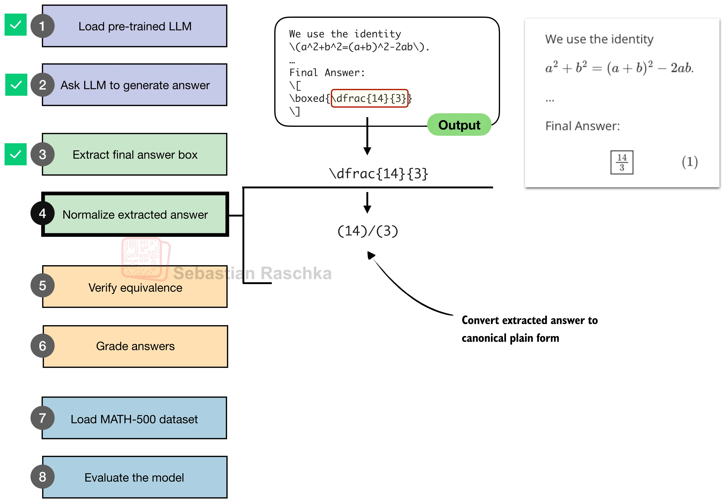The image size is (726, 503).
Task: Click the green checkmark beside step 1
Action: coord(15,25)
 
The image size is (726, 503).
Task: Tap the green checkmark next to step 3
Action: coord(15,154)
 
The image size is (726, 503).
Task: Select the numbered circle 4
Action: coord(43,213)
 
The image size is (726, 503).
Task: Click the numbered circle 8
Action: coord(43,477)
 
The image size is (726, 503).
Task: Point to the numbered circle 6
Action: coord(43,346)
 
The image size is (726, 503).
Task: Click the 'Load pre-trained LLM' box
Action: coord(135,26)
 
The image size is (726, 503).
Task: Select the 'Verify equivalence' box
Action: coord(135,287)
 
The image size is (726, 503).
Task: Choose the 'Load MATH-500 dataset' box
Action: coord(134,418)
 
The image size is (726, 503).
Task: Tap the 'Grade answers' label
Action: coord(135,346)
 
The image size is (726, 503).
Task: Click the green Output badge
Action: coord(459,125)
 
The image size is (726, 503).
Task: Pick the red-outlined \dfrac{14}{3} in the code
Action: coord(370,98)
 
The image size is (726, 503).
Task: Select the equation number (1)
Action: coord(690,162)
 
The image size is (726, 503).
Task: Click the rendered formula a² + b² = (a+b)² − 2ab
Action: coord(619,67)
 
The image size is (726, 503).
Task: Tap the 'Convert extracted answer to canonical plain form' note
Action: coord(529,329)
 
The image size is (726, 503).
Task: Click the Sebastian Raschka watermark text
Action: coord(252,273)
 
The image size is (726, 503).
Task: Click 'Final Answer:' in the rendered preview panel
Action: coord(582,126)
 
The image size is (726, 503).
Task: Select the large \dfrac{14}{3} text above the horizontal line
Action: coord(378,174)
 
